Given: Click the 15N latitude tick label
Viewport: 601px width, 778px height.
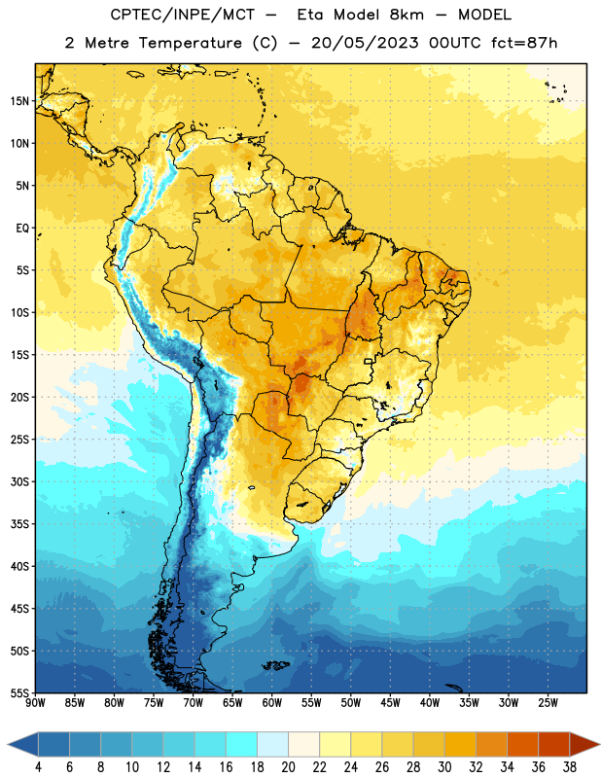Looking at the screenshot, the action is [x=19, y=101].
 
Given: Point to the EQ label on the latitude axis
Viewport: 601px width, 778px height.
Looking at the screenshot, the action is [x=22, y=229].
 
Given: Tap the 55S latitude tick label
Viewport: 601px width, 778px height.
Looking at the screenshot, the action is [x=19, y=692].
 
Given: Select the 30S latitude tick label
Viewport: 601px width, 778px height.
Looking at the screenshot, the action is [x=19, y=481].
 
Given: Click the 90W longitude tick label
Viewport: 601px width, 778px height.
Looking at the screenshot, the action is [x=35, y=702].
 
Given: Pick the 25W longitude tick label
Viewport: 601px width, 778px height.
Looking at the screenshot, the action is [x=548, y=702].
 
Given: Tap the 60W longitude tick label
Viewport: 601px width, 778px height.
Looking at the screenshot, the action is [x=272, y=702].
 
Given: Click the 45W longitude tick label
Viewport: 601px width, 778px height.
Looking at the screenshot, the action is [x=391, y=702].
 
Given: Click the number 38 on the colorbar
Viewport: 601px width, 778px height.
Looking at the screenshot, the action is [x=570, y=767].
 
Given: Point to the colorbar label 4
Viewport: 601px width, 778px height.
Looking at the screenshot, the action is [x=38, y=767].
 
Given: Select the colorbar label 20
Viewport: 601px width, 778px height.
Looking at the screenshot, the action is [x=288, y=767].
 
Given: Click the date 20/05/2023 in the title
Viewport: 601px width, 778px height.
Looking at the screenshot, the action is [x=365, y=43].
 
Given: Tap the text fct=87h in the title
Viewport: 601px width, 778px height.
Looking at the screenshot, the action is [x=524, y=43].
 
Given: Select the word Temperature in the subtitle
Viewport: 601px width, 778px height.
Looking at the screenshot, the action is [x=190, y=43].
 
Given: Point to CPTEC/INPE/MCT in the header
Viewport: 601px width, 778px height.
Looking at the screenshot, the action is [x=182, y=15].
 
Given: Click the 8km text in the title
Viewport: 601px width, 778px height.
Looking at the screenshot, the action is [x=407, y=15].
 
